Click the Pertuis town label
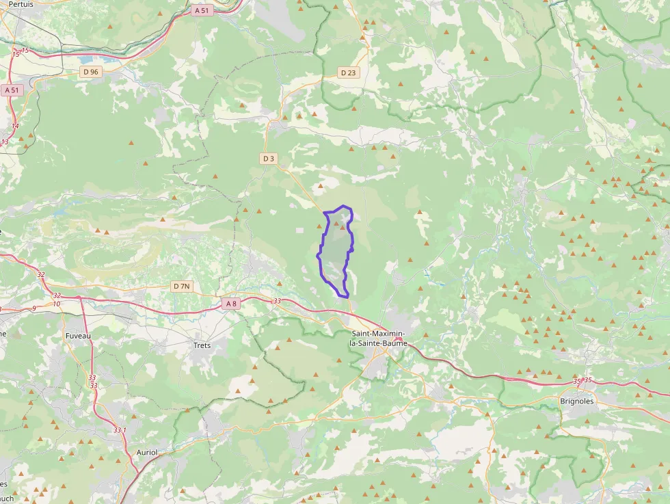coord(21,4)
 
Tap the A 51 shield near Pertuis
coord(202,10)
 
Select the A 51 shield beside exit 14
coord(12,90)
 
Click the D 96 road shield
coord(90,72)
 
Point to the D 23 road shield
coord(349,72)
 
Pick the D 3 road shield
coord(269,159)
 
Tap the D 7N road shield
coord(181,286)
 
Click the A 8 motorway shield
coord(231,304)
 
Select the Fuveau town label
coord(77,336)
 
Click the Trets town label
coord(202,345)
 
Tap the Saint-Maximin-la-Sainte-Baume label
coord(378,338)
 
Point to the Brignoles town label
coord(577,401)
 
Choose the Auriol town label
coord(147,453)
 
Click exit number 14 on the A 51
coord(15,126)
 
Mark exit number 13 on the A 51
coord(5,142)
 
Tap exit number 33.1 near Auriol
coord(120,430)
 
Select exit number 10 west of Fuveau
coord(56,304)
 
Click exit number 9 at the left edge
coord(33,308)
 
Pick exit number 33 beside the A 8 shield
coord(277,301)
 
